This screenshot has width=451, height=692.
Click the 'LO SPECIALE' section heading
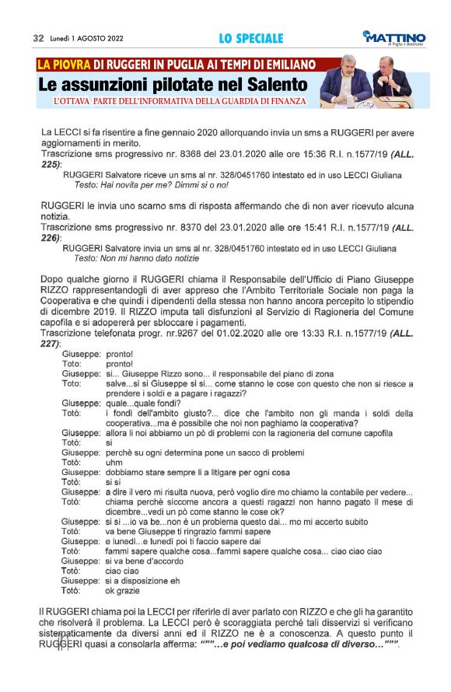250,38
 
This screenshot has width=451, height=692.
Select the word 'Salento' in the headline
274,84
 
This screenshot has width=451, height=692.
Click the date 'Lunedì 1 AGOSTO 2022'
86,38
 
